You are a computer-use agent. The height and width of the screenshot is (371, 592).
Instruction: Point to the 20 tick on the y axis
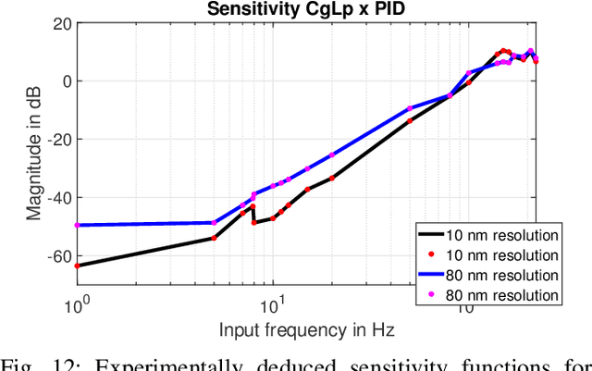(58, 23)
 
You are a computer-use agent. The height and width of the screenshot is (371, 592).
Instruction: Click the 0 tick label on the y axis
(64, 80)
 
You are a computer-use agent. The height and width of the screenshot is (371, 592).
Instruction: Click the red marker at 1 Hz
(76, 266)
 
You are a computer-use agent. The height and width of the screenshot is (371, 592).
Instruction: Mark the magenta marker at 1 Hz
(76, 225)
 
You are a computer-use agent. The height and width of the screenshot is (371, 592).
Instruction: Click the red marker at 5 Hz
(214, 238)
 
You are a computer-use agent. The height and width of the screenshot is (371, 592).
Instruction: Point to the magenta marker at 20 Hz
(332, 155)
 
